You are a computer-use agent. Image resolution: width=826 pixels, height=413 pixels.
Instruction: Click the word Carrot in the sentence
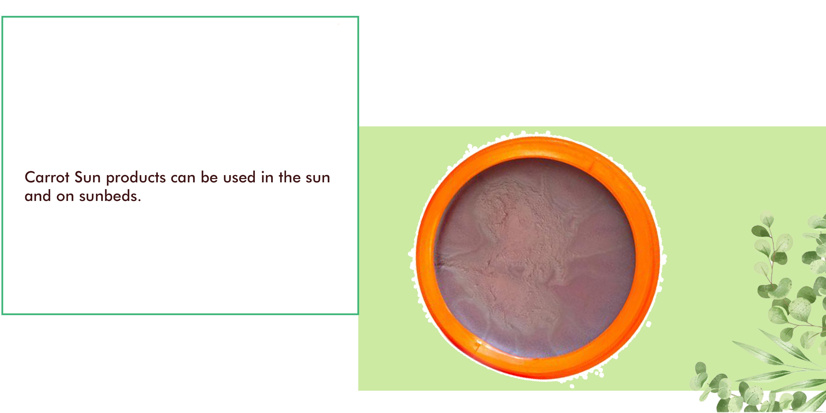click(47, 177)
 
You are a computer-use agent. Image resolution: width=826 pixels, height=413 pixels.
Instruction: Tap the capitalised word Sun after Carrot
click(88, 177)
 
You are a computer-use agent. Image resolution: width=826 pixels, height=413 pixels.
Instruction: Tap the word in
click(267, 177)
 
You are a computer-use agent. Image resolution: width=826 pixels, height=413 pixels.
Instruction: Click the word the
click(290, 177)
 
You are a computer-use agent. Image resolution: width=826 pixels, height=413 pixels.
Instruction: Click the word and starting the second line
click(38, 196)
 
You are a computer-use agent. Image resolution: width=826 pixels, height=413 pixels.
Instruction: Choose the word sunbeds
click(108, 196)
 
